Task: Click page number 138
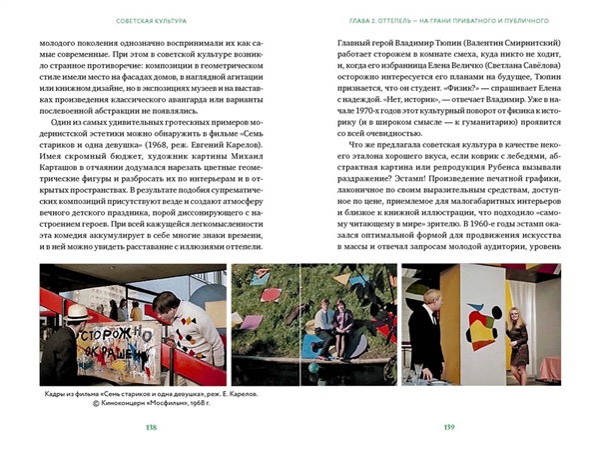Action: [x=151, y=428]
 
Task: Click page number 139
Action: [x=448, y=428]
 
